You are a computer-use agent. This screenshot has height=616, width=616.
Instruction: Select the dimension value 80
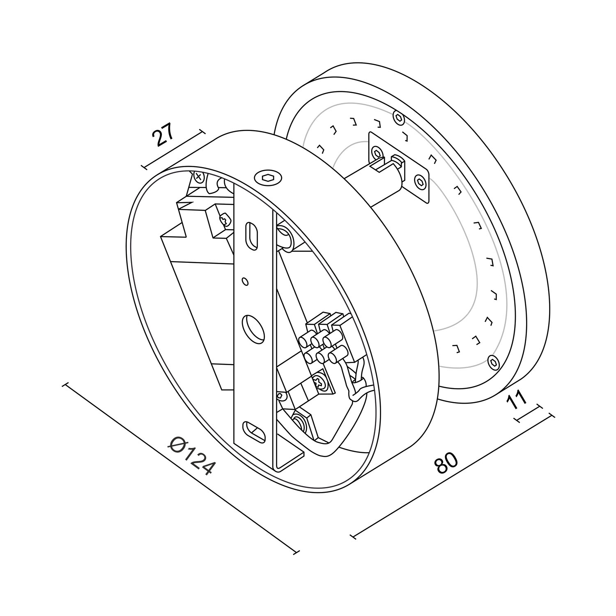tap(446, 463)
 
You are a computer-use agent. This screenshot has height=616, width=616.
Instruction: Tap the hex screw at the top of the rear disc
tap(398, 117)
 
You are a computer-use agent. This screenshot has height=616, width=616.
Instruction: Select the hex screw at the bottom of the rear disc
tap(492, 362)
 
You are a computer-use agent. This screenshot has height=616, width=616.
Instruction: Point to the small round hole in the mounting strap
tap(245, 281)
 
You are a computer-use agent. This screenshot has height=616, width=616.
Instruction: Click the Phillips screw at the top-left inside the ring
tap(199, 177)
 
